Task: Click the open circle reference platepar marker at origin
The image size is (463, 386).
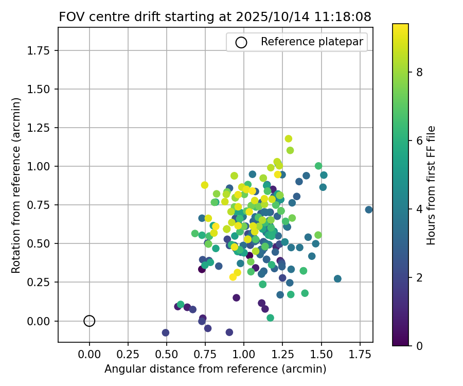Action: (90, 321)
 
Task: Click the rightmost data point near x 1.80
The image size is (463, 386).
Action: (369, 209)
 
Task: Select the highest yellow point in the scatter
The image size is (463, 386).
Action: (289, 138)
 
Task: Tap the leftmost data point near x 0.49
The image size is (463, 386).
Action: (166, 332)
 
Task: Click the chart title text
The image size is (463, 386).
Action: (215, 16)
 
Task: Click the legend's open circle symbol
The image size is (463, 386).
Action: (241, 42)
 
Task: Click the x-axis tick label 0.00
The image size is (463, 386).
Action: (90, 355)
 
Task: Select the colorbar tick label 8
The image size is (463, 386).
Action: (419, 73)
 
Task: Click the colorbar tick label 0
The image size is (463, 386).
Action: (419, 345)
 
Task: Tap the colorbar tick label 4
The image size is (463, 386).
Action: (419, 209)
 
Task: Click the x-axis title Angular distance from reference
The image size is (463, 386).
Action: (215, 369)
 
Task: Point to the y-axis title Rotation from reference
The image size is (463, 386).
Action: (16, 185)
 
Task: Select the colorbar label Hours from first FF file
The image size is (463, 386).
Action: (432, 185)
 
